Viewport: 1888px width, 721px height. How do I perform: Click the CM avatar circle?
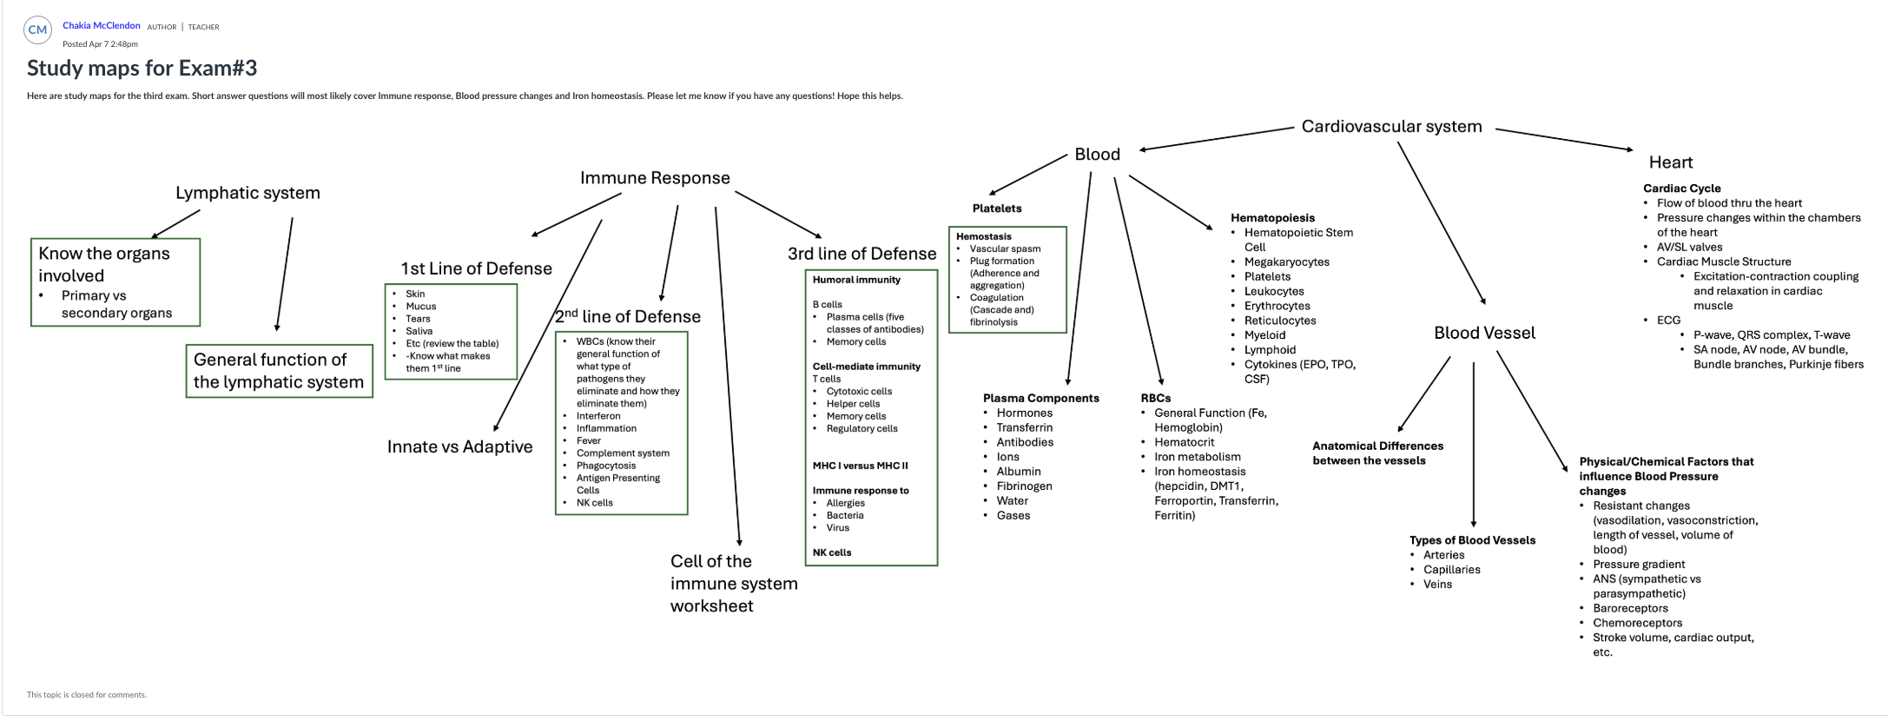pos(37,30)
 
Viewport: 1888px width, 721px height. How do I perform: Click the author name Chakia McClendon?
pos(101,25)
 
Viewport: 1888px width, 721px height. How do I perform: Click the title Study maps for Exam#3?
pos(142,68)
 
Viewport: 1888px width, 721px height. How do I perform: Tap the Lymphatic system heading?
pos(248,193)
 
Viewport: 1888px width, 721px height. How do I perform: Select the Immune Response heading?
pos(655,178)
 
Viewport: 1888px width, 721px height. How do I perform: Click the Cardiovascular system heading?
pos(1391,127)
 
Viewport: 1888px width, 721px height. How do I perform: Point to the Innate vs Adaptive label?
pos(459,446)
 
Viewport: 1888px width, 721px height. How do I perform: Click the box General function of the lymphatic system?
pos(279,371)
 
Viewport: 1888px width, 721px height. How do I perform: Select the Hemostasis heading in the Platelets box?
pos(983,236)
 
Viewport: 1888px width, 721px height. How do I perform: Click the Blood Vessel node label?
pos(1484,333)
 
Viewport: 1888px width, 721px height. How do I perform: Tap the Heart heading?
pos(1670,162)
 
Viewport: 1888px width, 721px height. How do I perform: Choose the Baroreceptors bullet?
pos(1630,608)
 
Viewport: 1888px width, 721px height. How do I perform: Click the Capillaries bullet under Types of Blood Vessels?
pos(1451,570)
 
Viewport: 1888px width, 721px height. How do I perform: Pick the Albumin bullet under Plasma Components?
pos(1018,472)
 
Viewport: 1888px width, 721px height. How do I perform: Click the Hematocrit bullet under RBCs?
pos(1184,442)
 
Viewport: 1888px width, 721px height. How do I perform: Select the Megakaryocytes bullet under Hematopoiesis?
pos(1286,261)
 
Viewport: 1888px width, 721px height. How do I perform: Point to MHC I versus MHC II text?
pos(860,466)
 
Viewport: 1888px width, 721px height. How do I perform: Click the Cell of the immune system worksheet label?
pos(733,584)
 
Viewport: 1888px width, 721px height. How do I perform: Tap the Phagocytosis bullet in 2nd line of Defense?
pos(605,466)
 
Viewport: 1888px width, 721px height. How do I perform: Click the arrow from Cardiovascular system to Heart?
pos(1563,140)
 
